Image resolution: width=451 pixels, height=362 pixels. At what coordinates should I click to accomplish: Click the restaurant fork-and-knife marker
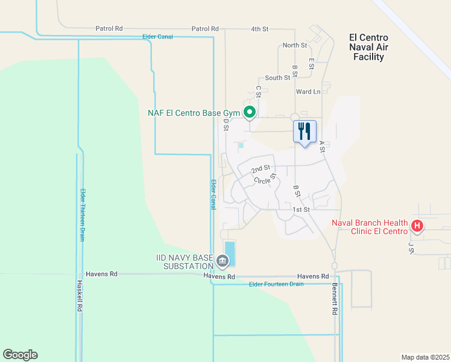tap(304, 132)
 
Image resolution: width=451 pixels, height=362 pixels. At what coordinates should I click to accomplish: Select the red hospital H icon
tap(417, 226)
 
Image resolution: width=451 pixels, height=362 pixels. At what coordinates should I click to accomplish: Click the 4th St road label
tap(260, 28)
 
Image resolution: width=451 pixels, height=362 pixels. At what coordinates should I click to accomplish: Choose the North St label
tap(295, 45)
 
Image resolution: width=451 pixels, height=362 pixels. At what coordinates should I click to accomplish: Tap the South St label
tap(277, 78)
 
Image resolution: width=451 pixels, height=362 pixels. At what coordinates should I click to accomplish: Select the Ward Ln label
tap(308, 92)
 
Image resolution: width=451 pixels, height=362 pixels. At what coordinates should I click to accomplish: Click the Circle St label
tap(265, 180)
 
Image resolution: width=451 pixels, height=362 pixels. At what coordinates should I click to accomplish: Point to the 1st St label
tap(301, 209)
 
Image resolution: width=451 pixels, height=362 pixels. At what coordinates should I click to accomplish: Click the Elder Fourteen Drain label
tap(276, 284)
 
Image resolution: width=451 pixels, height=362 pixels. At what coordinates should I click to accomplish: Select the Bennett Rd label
tap(335, 300)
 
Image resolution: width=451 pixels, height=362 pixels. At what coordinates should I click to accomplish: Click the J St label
tap(411, 248)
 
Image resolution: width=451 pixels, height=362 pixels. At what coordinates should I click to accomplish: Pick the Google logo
tap(20, 355)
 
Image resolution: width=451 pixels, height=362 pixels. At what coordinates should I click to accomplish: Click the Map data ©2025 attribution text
tap(425, 357)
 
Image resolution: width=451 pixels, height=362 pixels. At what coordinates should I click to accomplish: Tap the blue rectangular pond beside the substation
tap(230, 253)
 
